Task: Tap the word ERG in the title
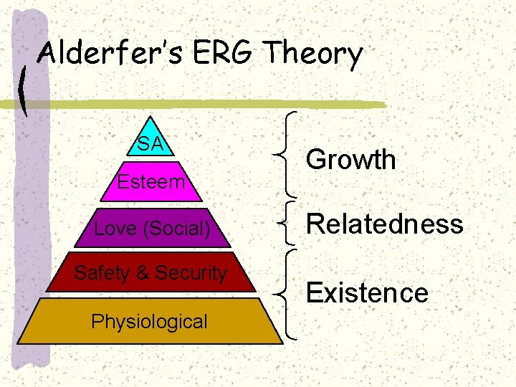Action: (216, 54)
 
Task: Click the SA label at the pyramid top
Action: (150, 143)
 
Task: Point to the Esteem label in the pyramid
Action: (151, 182)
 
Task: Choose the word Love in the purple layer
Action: (118, 229)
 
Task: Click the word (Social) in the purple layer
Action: (178, 229)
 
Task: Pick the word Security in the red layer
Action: (191, 273)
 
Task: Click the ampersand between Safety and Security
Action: (142, 273)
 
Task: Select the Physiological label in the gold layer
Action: (149, 322)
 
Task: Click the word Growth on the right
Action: (350, 159)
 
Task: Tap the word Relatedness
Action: (385, 224)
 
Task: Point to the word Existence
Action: (367, 292)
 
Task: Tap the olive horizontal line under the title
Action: (215, 105)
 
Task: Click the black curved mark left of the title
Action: (26, 90)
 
